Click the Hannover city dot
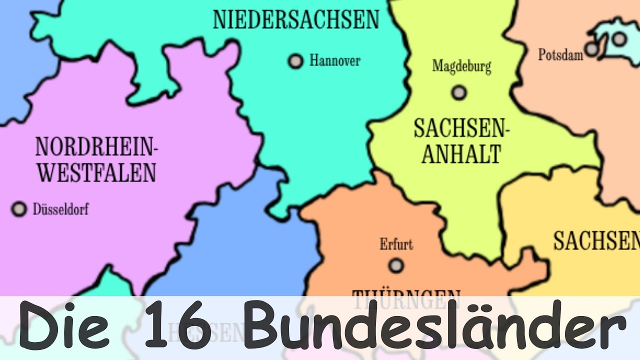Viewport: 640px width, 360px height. (295, 61)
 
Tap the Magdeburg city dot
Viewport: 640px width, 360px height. (458, 92)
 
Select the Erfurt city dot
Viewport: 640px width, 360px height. (396, 265)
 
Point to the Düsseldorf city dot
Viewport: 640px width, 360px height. (19, 208)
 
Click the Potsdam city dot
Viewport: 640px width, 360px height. (592, 49)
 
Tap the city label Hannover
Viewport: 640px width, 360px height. (334, 61)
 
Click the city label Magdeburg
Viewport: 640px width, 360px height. (461, 66)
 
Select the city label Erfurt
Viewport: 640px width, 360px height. (396, 244)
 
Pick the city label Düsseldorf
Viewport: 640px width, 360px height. (60, 209)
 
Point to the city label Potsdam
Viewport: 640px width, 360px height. (560, 54)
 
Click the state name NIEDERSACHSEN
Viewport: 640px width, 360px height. (296, 19)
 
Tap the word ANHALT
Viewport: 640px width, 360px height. (460, 153)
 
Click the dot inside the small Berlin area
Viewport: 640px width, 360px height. (619, 38)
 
